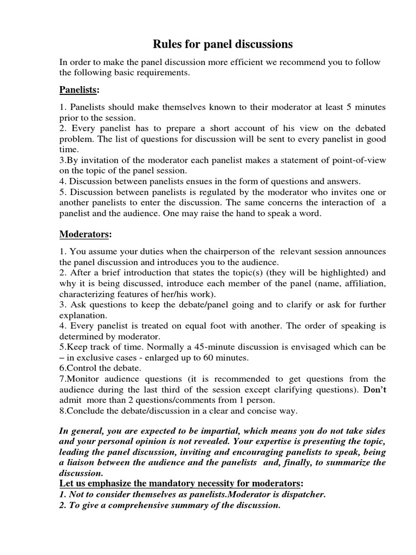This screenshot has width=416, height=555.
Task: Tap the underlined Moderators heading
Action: [84, 234]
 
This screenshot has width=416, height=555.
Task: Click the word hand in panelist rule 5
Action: [263, 213]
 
